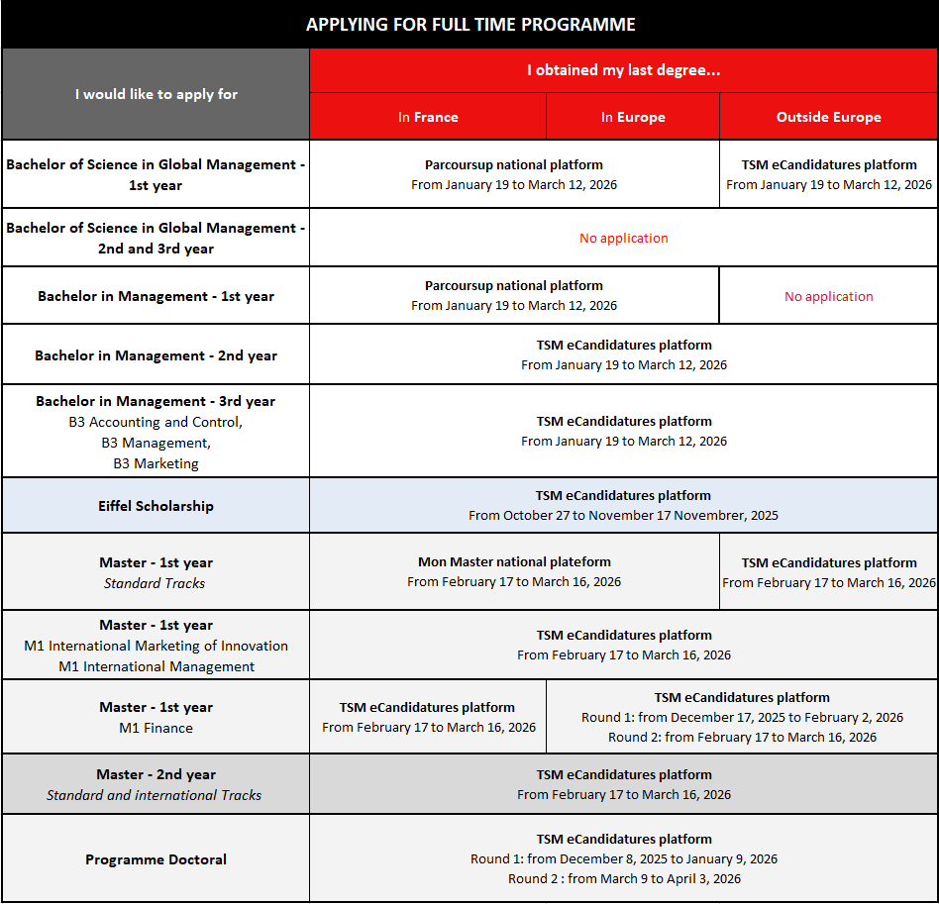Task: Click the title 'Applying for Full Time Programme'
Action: pyautogui.click(x=470, y=25)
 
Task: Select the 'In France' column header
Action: pyautogui.click(x=428, y=117)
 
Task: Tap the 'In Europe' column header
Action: pyautogui.click(x=633, y=117)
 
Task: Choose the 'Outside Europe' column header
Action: pyautogui.click(x=828, y=117)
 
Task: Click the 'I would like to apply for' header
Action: pyautogui.click(x=156, y=94)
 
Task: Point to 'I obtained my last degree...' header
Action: pyautogui.click(x=623, y=70)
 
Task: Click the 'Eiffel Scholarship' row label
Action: pyautogui.click(x=156, y=506)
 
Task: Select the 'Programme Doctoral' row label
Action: pyautogui.click(x=156, y=859)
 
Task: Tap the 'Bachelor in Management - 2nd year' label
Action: pyautogui.click(x=156, y=355)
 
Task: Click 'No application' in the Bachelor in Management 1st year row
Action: pyautogui.click(x=828, y=296)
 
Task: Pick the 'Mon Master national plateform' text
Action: pyautogui.click(x=514, y=561)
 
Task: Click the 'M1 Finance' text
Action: pyautogui.click(x=156, y=728)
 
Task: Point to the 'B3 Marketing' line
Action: pyautogui.click(x=156, y=463)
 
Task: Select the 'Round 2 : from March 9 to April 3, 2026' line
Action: pyautogui.click(x=624, y=878)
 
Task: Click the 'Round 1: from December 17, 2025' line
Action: pyautogui.click(x=742, y=717)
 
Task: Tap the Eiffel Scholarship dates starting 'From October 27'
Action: pyautogui.click(x=623, y=515)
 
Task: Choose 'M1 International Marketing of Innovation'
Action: pyautogui.click(x=156, y=646)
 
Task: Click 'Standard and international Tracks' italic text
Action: pyautogui.click(x=155, y=795)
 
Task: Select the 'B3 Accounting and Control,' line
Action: pyautogui.click(x=156, y=422)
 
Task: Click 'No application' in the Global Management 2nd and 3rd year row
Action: pyautogui.click(x=623, y=238)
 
